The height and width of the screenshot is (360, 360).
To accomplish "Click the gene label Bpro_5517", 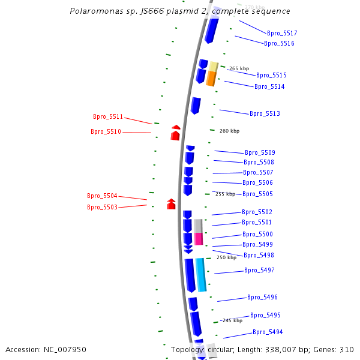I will (282, 34).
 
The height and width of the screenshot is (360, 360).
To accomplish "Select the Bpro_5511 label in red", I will (108, 117).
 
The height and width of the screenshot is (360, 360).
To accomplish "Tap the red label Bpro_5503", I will (102, 207).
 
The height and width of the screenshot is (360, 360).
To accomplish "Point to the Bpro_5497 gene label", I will (259, 271).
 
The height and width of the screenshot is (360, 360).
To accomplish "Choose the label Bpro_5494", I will (268, 332).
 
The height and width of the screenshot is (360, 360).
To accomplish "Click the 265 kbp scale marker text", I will (239, 68).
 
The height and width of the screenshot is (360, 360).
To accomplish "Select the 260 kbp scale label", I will (229, 131).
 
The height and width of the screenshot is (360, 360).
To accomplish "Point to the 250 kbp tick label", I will (226, 257).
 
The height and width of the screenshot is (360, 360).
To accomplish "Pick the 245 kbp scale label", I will (232, 320).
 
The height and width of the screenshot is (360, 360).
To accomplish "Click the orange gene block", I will (211, 79).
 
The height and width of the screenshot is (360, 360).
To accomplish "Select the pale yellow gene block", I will (213, 66).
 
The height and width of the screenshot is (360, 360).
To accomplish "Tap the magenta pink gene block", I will (199, 238).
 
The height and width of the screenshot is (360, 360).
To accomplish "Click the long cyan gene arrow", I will (201, 275).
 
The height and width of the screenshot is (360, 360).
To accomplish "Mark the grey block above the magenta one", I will (198, 226).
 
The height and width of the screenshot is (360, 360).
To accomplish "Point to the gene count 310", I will (346, 349).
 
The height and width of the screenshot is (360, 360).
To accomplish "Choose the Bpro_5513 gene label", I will (265, 114).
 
